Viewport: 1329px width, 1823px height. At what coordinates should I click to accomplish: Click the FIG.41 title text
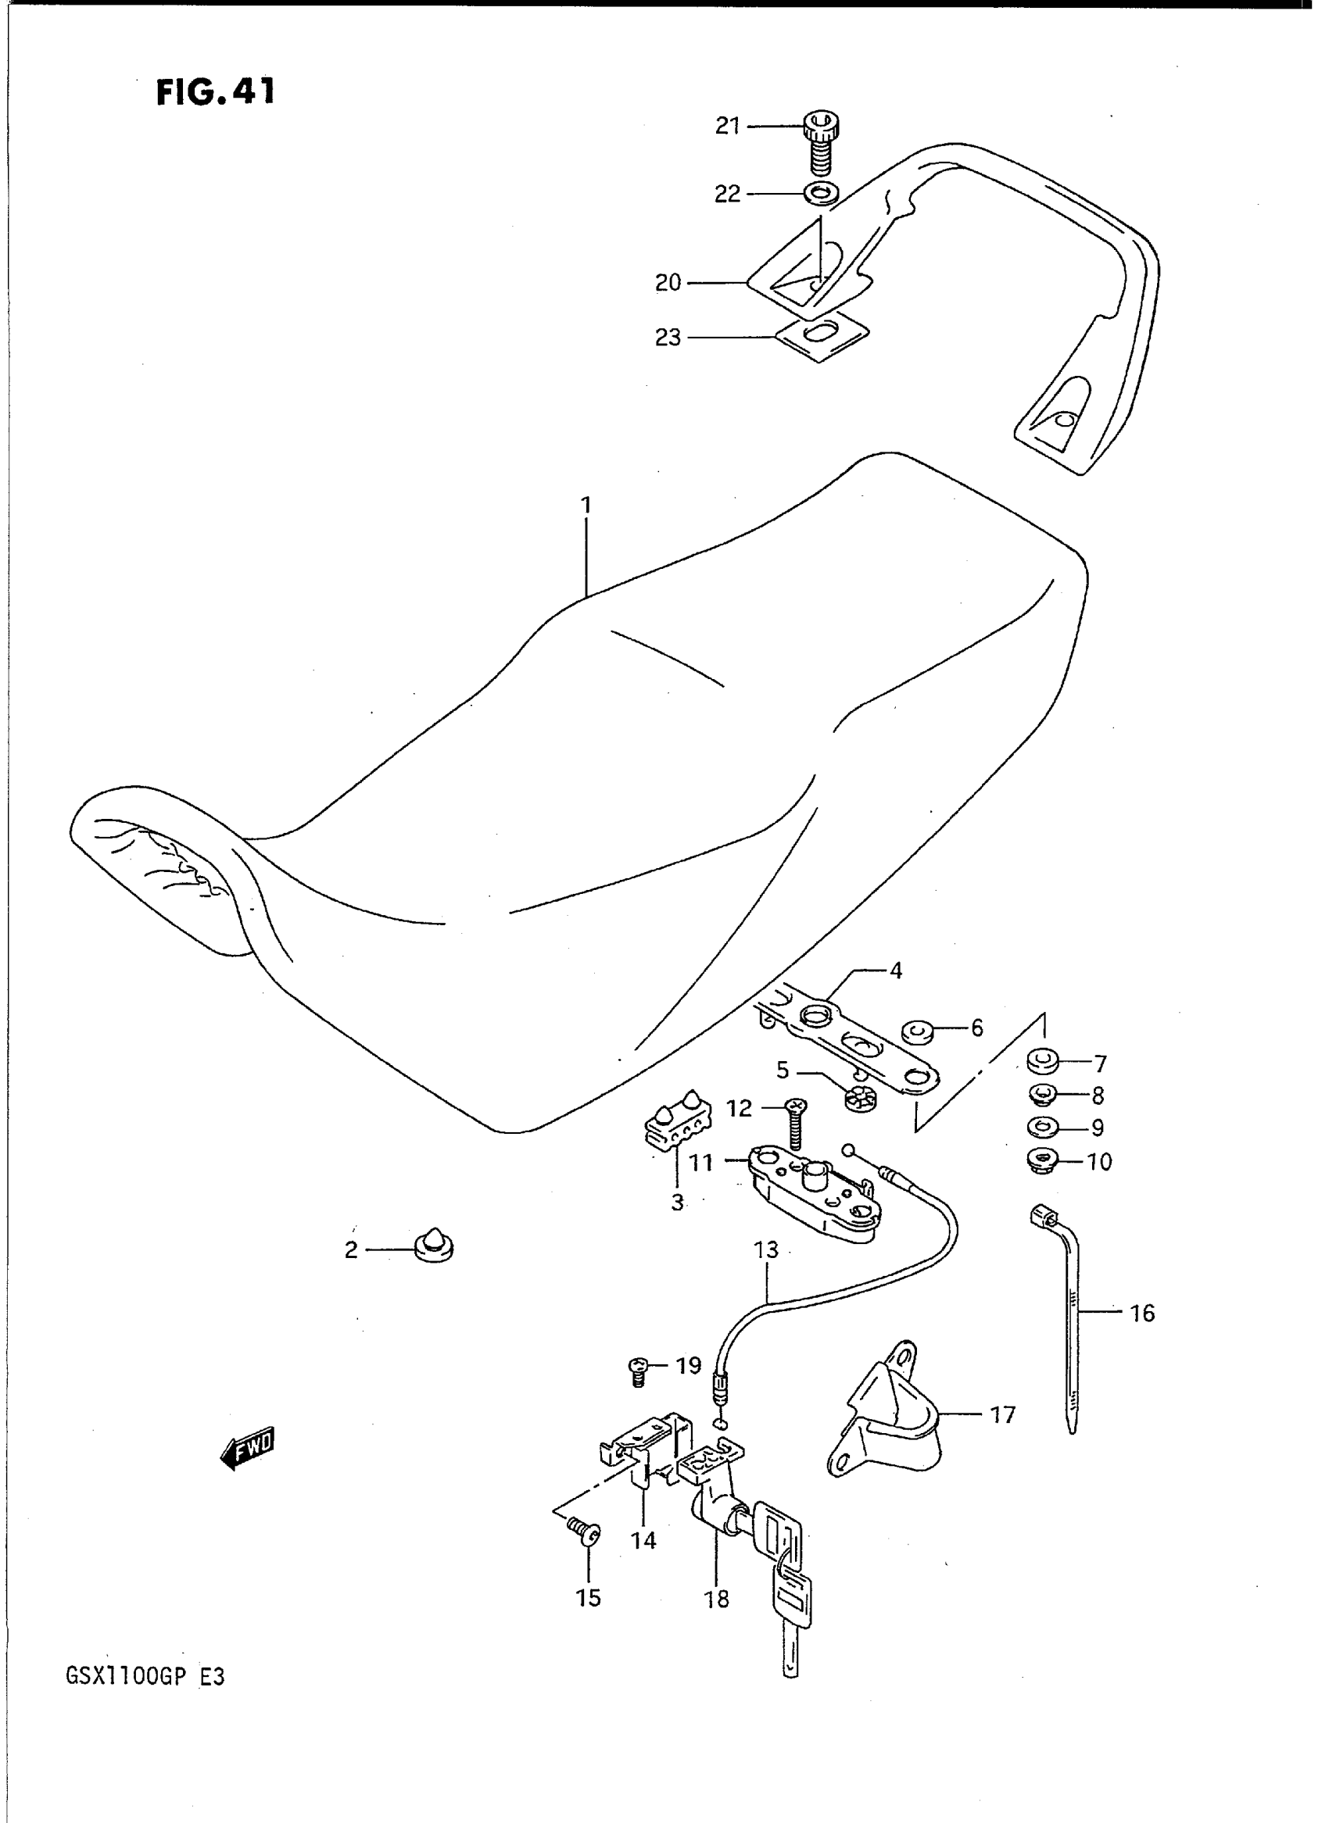(216, 92)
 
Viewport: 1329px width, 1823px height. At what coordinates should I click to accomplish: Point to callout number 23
(668, 338)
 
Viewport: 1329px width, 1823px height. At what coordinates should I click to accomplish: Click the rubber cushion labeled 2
(435, 1248)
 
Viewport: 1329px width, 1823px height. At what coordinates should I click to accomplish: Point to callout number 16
(1141, 1314)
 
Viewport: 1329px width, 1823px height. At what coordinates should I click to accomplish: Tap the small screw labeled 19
(638, 1368)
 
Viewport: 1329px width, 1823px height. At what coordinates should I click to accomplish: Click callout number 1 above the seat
(586, 505)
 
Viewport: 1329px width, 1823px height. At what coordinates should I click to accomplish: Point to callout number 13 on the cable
(767, 1250)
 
